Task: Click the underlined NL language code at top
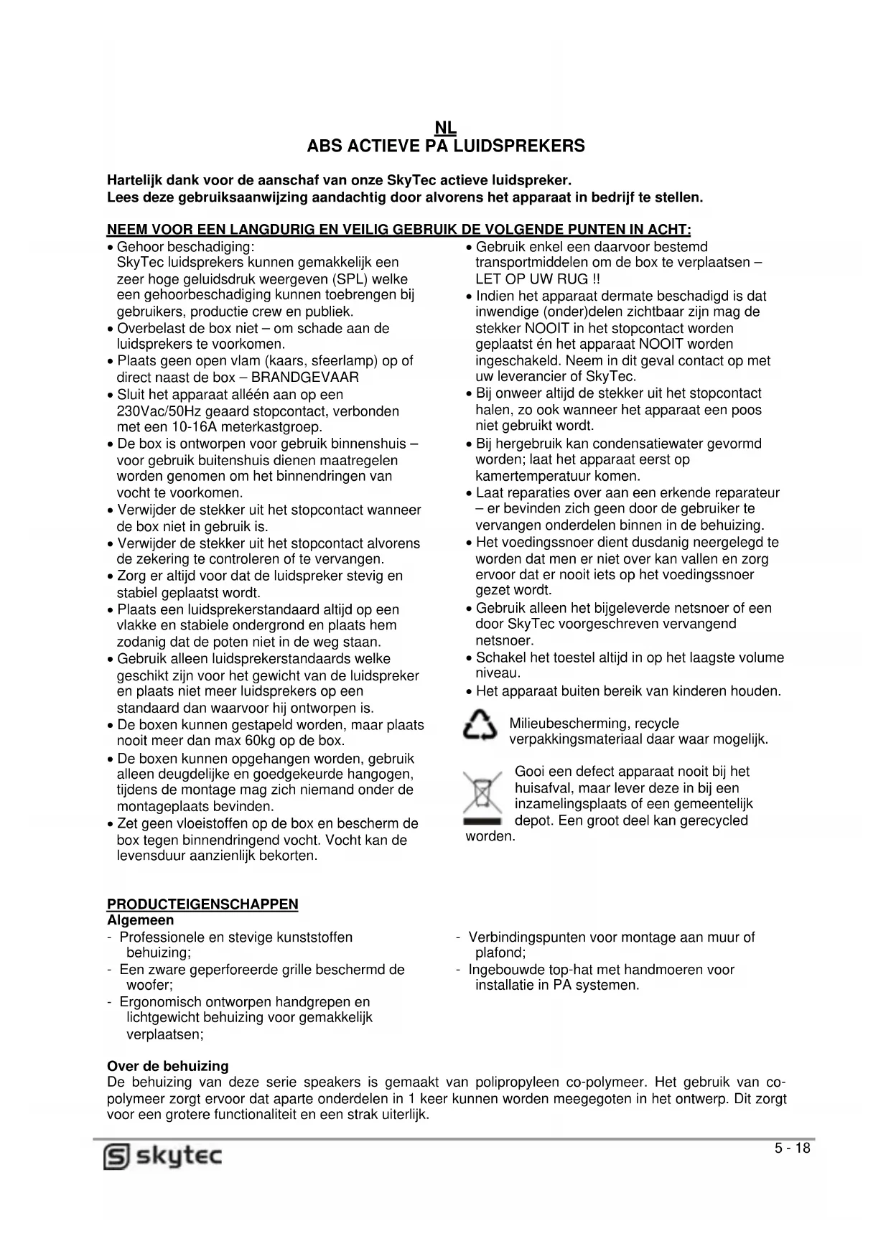click(446, 128)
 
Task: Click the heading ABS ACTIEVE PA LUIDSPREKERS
click(446, 146)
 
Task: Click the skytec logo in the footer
click(164, 1156)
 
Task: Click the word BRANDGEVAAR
click(305, 378)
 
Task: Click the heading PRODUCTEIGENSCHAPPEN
click(202, 904)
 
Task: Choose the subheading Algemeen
click(141, 920)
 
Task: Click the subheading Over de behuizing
click(168, 1067)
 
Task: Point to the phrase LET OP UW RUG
click(531, 279)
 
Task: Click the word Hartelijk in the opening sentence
click(135, 180)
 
